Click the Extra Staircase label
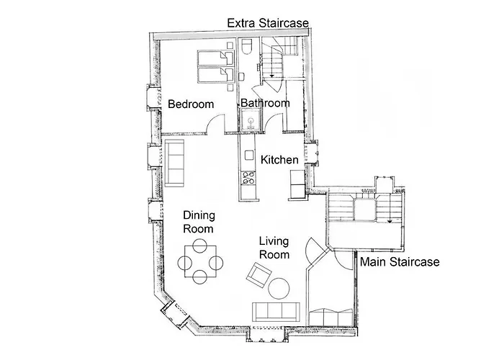point(268,23)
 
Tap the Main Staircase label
point(400,261)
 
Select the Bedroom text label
point(191,104)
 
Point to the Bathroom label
point(265,103)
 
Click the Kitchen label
point(279,159)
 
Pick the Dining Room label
point(199,222)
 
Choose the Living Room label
point(274,248)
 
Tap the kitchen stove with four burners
point(248,178)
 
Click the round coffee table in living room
point(279,288)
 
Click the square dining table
point(200,261)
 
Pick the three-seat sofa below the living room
point(276,312)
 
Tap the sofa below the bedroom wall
point(175,163)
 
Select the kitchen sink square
point(249,155)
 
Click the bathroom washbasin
point(251,120)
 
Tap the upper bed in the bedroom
point(215,58)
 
